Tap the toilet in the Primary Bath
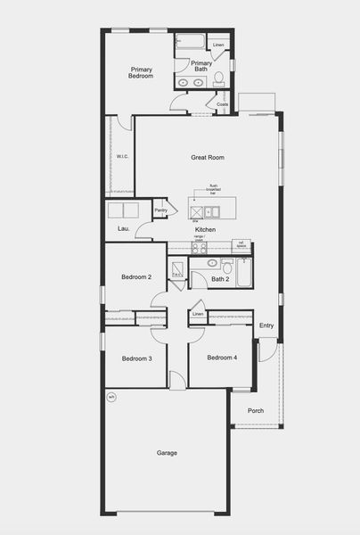(218, 80)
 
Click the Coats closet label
(222, 104)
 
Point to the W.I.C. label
(122, 157)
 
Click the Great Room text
(207, 157)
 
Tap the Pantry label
(161, 210)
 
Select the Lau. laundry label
(124, 229)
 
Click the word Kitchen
(206, 229)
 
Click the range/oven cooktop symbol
(200, 248)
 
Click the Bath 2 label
(221, 279)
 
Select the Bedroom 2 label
(136, 277)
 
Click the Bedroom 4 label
(222, 358)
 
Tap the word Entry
(266, 325)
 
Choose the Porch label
(256, 410)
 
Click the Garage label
(167, 453)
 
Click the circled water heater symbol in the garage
(112, 396)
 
